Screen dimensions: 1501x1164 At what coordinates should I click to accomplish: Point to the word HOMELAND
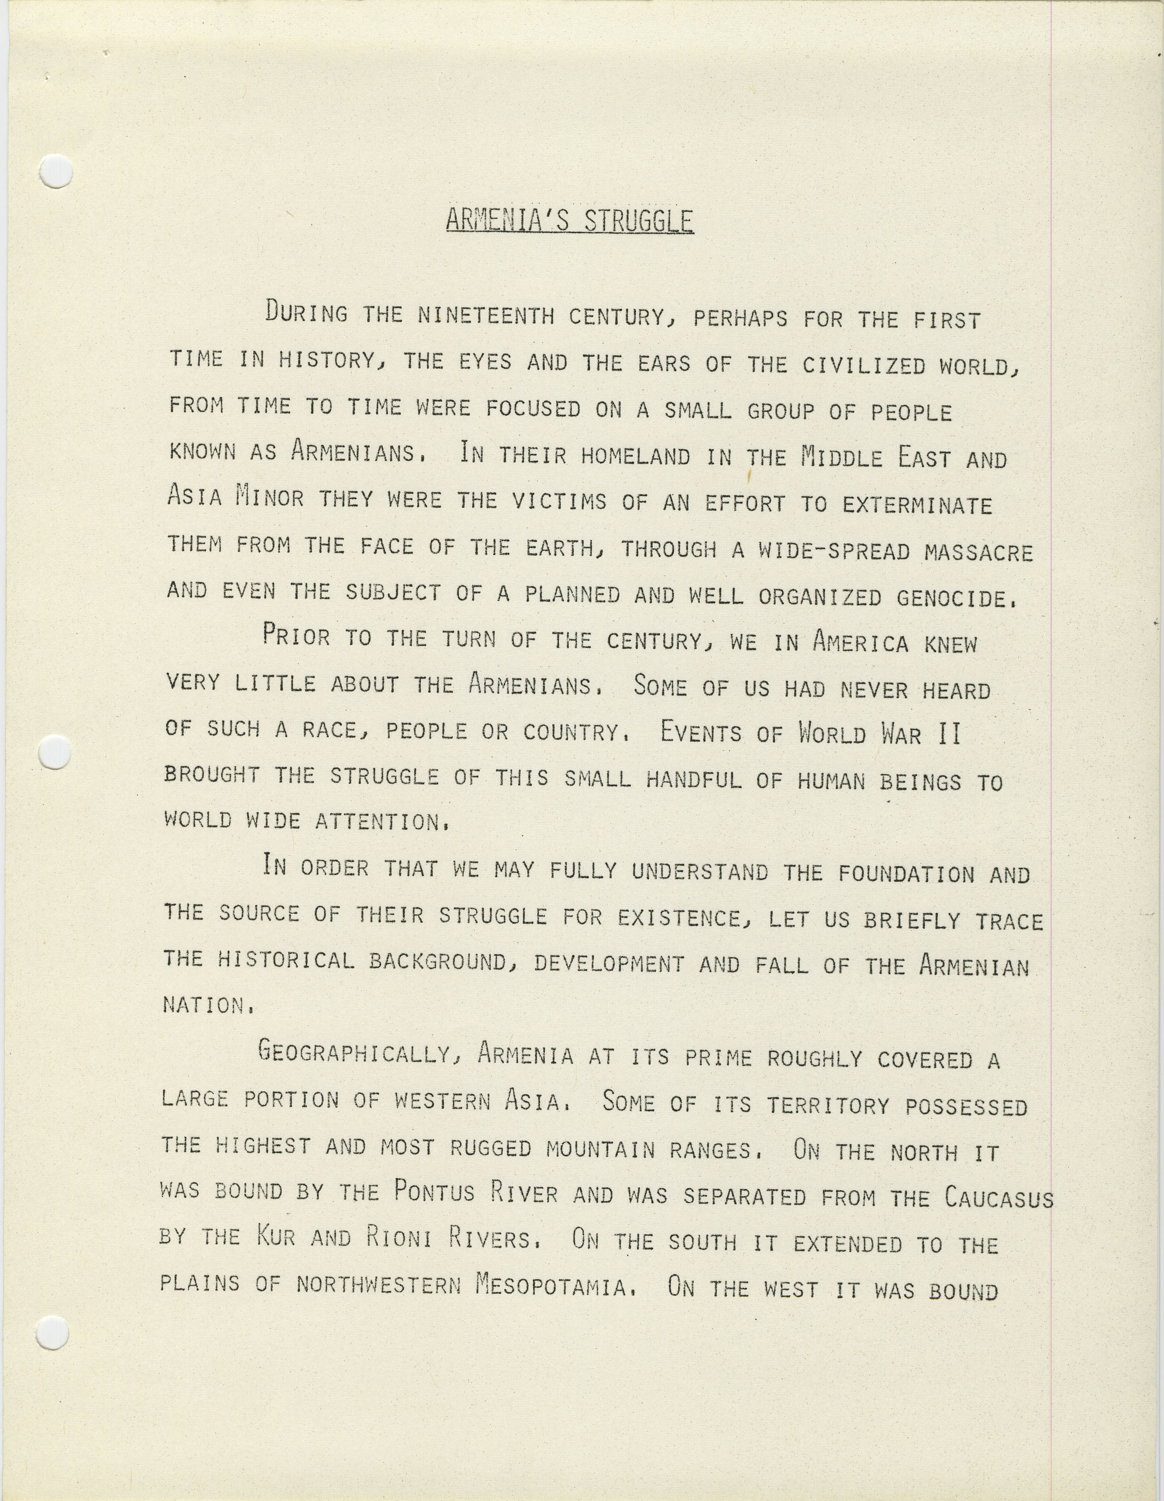pyautogui.click(x=635, y=457)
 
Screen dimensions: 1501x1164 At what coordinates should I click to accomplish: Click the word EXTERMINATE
pyautogui.click(x=918, y=505)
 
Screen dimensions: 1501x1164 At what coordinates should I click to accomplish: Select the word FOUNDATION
pyautogui.click(x=907, y=874)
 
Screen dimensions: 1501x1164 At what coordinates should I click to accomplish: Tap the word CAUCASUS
pyautogui.click(x=998, y=1198)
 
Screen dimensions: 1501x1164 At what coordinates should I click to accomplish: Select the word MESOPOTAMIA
pyautogui.click(x=551, y=1285)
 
